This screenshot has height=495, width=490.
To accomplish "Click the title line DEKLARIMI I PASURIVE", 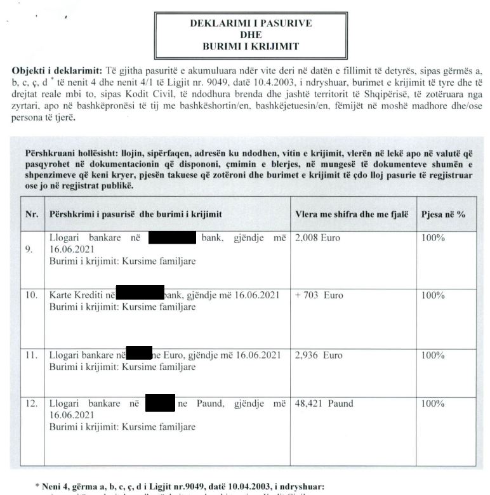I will click(x=251, y=23).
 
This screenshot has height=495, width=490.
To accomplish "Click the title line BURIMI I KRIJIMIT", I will click(x=251, y=46).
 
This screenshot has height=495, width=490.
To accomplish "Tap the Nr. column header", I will click(x=32, y=214).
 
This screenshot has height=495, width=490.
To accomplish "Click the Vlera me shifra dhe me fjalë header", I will click(x=352, y=214).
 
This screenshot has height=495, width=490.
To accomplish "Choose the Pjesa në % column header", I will click(x=443, y=214).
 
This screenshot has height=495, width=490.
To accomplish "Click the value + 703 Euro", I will click(x=319, y=296).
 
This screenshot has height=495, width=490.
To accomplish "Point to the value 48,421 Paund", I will click(x=324, y=404).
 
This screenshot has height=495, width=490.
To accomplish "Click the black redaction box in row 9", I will click(x=171, y=239).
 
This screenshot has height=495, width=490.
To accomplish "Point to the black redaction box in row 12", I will click(x=160, y=403).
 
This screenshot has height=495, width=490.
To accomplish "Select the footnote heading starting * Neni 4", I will click(x=183, y=487).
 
